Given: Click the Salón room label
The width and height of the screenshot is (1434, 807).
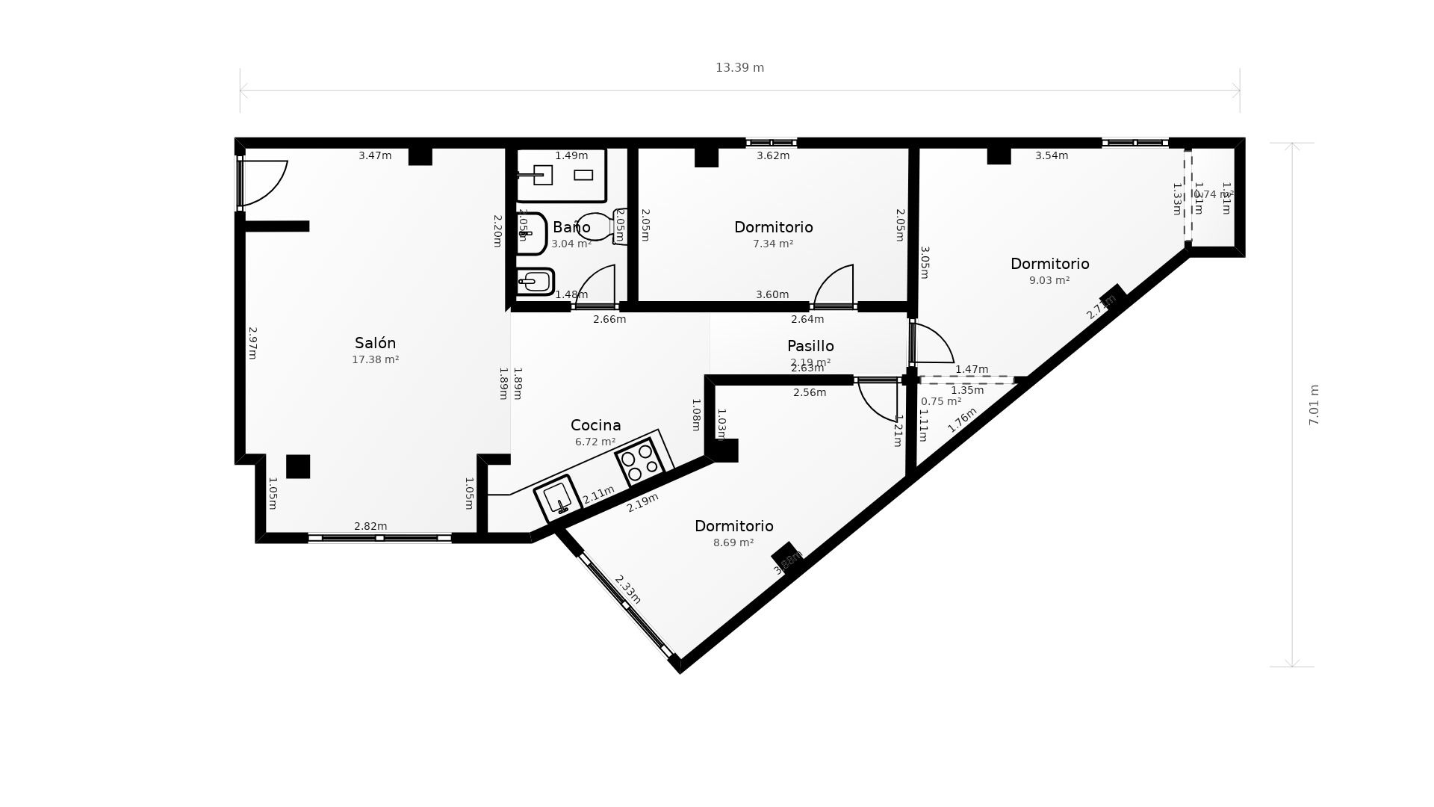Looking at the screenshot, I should pos(375,343).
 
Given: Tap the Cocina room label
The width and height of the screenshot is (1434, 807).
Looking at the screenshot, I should pos(595,425).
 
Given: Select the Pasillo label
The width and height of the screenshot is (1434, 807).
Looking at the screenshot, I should pos(810,346).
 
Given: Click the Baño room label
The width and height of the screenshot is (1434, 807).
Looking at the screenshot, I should pos(571,227).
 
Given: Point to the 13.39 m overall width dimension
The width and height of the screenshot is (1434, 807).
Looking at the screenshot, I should pos(739,68).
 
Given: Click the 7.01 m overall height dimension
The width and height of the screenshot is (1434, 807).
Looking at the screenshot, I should pos(1314,405).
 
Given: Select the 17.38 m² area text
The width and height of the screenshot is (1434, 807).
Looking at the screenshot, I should pos(375,359).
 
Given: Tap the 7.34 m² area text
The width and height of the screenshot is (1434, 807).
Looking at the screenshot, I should pos(773,244).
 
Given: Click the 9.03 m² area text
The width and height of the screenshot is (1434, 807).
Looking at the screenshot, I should pos(1049,280).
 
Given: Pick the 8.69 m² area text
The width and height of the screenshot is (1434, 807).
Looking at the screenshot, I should pos(733,542).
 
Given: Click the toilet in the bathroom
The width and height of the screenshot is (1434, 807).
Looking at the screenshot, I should pos(601,226).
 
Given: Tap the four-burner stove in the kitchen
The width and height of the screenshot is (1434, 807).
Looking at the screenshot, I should pos(639,460).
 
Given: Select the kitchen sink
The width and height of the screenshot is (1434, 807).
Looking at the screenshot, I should pos(557,498).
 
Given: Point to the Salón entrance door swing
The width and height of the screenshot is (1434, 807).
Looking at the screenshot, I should pos(263,182).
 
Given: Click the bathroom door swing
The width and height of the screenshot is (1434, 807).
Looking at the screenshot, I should pos(596,286).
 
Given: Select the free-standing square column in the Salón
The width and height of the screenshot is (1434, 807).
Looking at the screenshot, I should pos(298,466).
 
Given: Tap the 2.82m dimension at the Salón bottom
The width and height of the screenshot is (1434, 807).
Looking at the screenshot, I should pos(370,526).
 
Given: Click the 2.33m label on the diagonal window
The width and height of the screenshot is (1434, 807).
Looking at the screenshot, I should pos(627,589).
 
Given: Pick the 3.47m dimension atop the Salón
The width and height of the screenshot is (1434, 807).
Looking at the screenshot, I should pos(375,156).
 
